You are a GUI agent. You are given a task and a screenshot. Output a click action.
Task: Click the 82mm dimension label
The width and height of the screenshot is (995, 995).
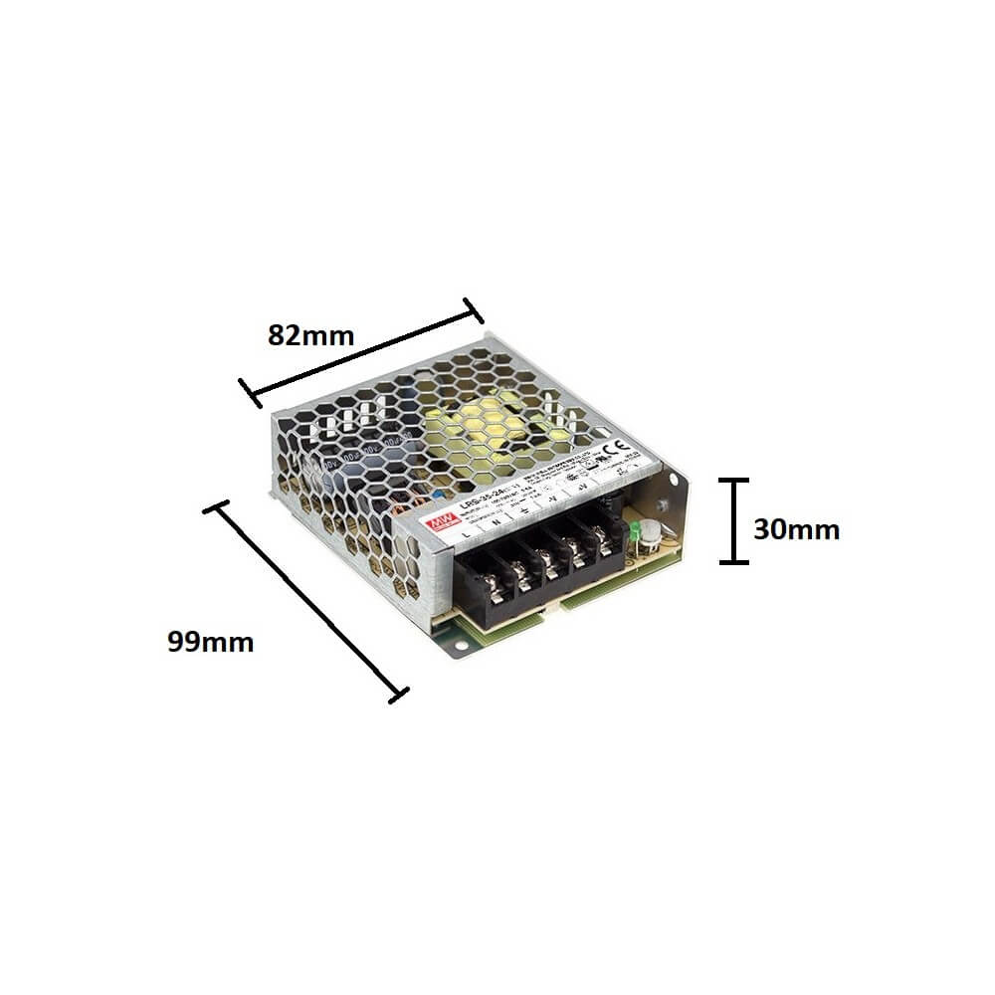[310, 335]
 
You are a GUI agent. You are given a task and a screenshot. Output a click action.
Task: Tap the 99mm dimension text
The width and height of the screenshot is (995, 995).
[210, 642]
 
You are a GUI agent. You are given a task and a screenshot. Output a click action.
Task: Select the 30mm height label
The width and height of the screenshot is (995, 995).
[796, 529]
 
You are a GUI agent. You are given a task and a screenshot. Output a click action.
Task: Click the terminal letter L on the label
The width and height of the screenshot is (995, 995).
[467, 536]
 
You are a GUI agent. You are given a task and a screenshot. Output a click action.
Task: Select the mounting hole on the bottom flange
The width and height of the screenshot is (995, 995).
[461, 648]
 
